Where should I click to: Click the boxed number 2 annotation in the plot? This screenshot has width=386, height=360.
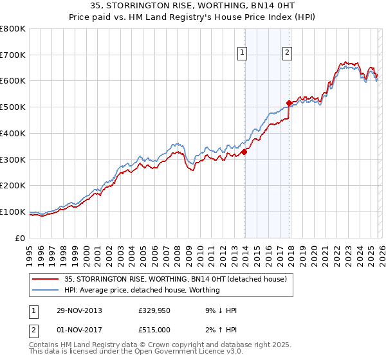(x=287, y=53)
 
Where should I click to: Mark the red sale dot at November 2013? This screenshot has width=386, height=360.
(x=244, y=152)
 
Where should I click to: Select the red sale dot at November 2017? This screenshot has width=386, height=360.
(x=289, y=103)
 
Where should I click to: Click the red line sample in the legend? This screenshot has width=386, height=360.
(x=46, y=279)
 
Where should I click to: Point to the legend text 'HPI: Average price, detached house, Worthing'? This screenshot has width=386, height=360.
(x=142, y=290)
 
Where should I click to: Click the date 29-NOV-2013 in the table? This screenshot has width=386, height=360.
(x=78, y=310)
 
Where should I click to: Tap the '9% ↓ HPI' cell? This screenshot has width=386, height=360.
(x=218, y=310)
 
